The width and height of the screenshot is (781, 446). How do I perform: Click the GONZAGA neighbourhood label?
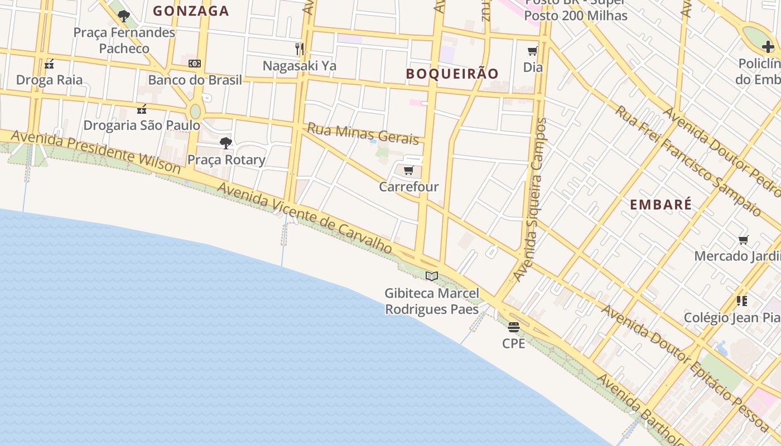tap(191, 11)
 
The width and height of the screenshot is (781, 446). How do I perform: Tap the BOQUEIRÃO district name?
tap(452, 74)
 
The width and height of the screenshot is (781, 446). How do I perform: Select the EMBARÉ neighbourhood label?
tap(661, 205)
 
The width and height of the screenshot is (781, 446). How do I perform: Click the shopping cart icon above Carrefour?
tap(408, 171)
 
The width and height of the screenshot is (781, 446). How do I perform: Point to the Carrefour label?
tap(409, 187)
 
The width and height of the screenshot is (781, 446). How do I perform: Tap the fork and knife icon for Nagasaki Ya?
tap(300, 49)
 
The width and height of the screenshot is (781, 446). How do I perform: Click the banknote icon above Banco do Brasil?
tap(195, 64)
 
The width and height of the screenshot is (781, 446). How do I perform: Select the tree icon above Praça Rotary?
tap(226, 143)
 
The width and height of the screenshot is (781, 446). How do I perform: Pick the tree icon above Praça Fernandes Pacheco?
tap(124, 16)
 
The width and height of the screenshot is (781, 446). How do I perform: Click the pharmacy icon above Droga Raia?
tap(49, 64)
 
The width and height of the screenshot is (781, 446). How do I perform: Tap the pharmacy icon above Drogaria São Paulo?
tap(142, 109)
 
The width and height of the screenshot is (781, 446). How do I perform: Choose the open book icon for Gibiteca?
tap(432, 276)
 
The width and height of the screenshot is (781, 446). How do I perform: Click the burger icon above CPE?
tap(514, 327)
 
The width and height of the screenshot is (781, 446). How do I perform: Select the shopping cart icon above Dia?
tap(533, 51)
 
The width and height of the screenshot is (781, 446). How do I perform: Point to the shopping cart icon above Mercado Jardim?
tap(743, 240)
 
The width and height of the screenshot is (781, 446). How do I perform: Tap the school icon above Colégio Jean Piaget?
tap(742, 301)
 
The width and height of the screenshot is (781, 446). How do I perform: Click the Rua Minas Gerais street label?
tap(363, 134)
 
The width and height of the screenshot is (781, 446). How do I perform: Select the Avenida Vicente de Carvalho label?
tap(305, 217)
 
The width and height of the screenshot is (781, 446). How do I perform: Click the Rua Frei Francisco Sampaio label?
tap(688, 161)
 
